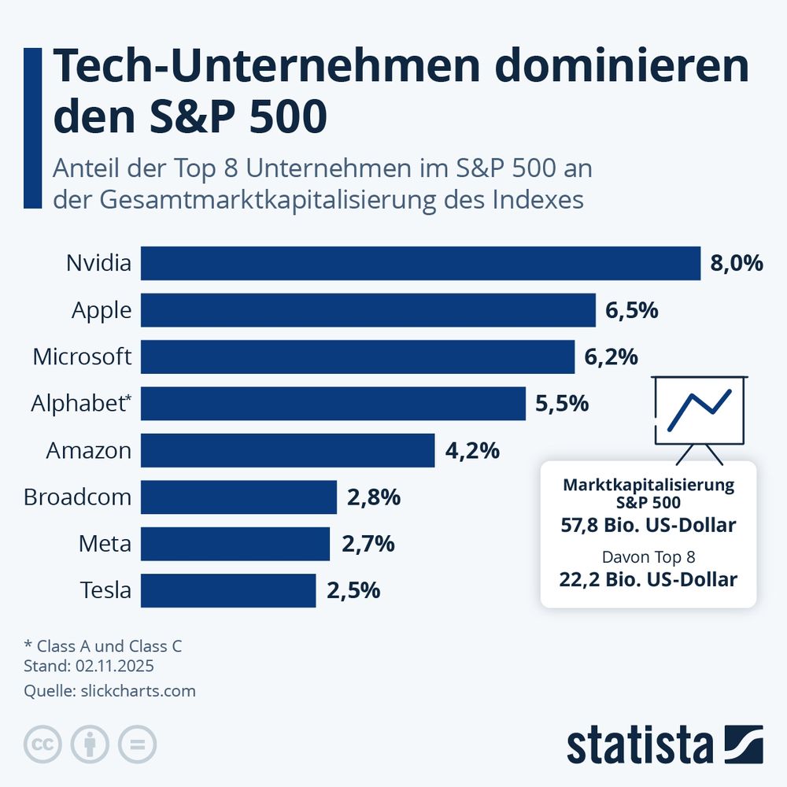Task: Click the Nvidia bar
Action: pos(420,263)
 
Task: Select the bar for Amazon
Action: pos(287,450)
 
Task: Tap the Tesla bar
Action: pos(228,590)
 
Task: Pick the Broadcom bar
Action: pos(238,497)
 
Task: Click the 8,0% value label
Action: pos(737,263)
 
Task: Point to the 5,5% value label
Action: pos(562,404)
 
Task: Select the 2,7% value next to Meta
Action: pos(368,544)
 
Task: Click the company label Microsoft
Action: pos(82,357)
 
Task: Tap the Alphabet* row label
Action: pos(81,404)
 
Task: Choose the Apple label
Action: pos(102,310)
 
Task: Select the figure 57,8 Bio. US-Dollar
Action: pos(648,525)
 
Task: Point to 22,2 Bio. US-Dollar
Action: pos(648,580)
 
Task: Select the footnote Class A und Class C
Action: pos(109,645)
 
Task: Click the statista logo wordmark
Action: pos(639,745)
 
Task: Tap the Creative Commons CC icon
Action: pos(43,744)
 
